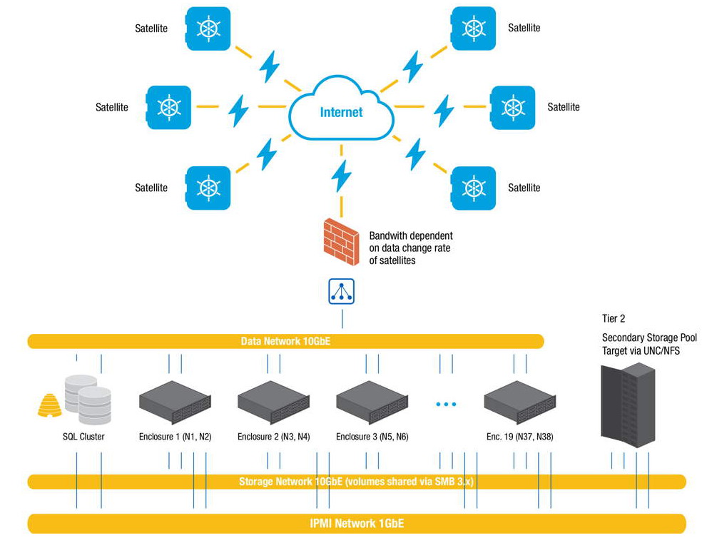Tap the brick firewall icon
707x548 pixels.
pyautogui.click(x=341, y=241)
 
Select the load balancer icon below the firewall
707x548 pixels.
pyautogui.click(x=341, y=292)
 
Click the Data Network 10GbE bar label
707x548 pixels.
pyautogui.click(x=285, y=342)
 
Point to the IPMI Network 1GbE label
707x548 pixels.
pyautogui.click(x=357, y=523)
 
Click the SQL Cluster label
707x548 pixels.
pyautogui.click(x=83, y=436)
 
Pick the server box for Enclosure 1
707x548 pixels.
pyautogui.click(x=175, y=400)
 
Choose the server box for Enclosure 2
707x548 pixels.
pyautogui.click(x=273, y=400)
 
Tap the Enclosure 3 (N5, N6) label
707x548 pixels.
pyautogui.click(x=372, y=436)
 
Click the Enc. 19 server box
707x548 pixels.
pyautogui.click(x=519, y=400)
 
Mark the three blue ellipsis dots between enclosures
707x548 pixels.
pyautogui.click(x=445, y=405)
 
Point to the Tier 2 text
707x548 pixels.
pyautogui.click(x=614, y=319)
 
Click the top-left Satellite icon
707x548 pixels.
pyautogui.click(x=208, y=28)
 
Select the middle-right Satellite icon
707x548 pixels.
pyautogui.click(x=513, y=107)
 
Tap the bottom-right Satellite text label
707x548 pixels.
pyautogui.click(x=524, y=188)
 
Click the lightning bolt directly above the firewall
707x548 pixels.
pyautogui.click(x=342, y=175)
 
